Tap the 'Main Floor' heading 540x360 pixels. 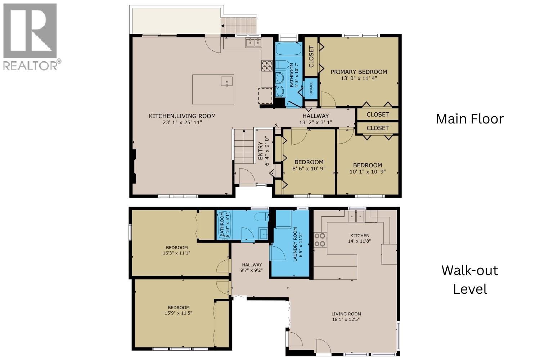(469, 119)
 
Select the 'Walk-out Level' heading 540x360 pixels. (470, 279)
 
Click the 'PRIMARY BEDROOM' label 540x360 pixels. (359, 72)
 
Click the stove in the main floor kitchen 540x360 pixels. (267, 66)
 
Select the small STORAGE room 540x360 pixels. (311, 89)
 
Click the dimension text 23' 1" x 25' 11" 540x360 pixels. (182, 123)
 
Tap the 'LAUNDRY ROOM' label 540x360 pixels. (295, 244)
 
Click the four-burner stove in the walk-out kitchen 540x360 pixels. (320, 240)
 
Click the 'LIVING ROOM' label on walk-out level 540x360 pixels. (346, 314)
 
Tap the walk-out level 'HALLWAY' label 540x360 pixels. (252, 265)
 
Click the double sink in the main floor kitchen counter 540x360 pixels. (254, 43)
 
